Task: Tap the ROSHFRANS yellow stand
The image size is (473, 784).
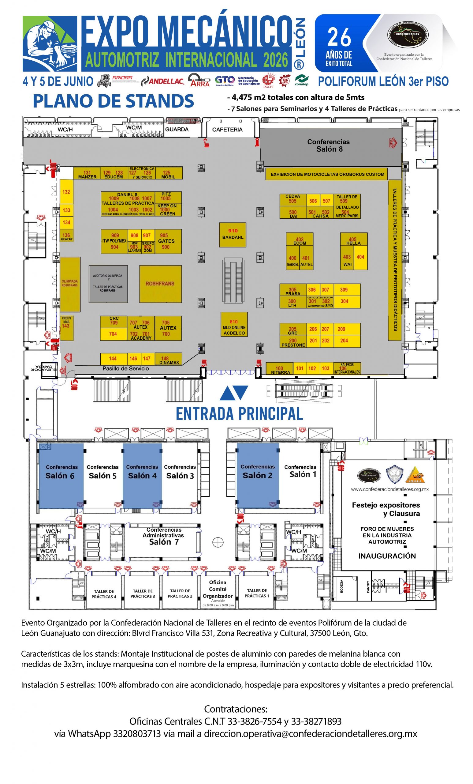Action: [160, 284]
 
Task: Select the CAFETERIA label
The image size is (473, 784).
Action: [227, 130]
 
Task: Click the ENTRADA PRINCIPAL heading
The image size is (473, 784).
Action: [239, 414]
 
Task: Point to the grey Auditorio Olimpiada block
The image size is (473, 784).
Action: [108, 284]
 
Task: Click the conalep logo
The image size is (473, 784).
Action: [301, 81]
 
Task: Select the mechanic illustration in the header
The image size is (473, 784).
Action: [50, 44]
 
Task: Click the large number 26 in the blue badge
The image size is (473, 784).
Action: [339, 38]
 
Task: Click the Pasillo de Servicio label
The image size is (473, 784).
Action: [125, 368]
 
